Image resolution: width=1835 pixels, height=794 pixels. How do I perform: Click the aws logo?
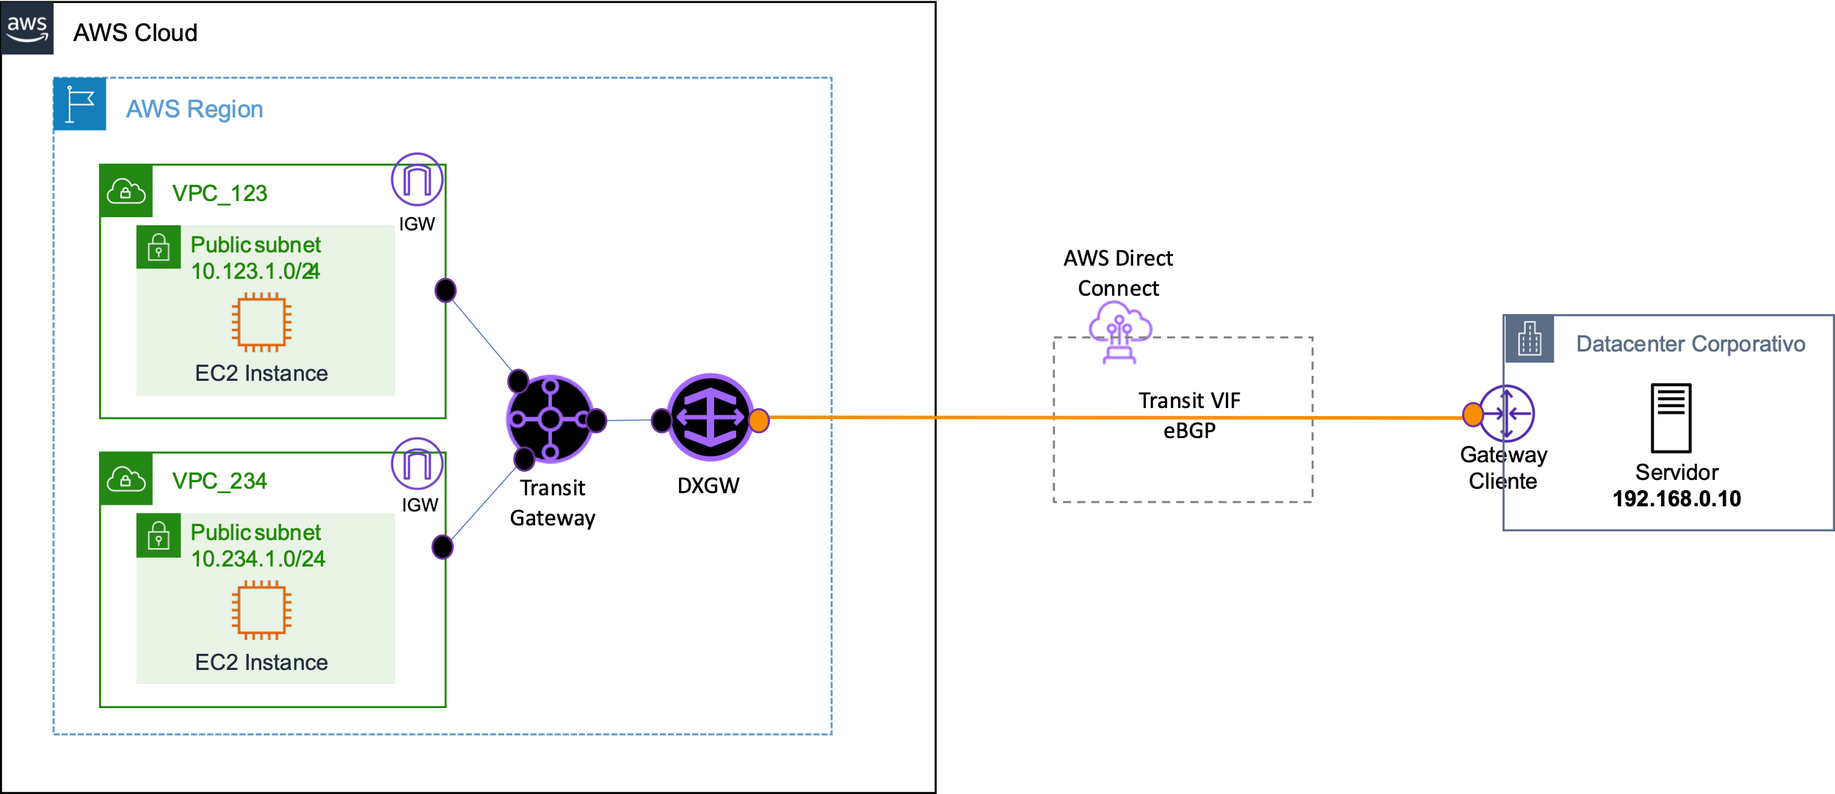click(x=27, y=28)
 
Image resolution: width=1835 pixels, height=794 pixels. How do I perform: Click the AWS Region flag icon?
click(x=80, y=104)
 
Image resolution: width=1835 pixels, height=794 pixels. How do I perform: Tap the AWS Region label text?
click(x=195, y=109)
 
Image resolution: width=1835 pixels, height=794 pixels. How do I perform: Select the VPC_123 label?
click(x=219, y=193)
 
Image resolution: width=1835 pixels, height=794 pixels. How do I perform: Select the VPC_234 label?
click(x=219, y=481)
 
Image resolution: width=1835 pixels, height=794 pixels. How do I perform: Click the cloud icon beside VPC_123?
click(x=126, y=192)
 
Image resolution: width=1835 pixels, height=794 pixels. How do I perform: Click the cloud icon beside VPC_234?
click(x=126, y=479)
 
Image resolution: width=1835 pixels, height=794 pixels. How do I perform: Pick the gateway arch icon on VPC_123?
click(x=417, y=180)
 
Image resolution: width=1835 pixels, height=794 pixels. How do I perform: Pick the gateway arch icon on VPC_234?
click(x=417, y=465)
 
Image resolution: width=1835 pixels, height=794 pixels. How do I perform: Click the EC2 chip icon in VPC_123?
click(x=261, y=322)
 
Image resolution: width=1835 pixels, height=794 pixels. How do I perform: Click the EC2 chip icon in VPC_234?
click(x=261, y=610)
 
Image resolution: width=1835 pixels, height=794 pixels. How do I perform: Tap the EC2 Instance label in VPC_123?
click(x=261, y=374)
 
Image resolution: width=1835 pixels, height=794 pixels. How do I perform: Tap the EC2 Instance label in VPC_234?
click(x=261, y=663)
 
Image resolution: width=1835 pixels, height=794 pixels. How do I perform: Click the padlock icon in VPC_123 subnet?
click(x=159, y=248)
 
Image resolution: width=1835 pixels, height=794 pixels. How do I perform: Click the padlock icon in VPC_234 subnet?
click(x=159, y=536)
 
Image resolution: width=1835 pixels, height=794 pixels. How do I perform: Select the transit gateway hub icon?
click(x=550, y=419)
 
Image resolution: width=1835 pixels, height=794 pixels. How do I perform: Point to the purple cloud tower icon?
click(x=1119, y=331)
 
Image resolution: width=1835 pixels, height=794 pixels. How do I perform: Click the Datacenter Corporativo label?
click(x=1690, y=343)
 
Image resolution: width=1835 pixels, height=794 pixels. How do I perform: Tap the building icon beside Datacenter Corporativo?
click(x=1530, y=339)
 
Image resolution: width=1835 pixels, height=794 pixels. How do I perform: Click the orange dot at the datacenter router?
click(x=1472, y=415)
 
